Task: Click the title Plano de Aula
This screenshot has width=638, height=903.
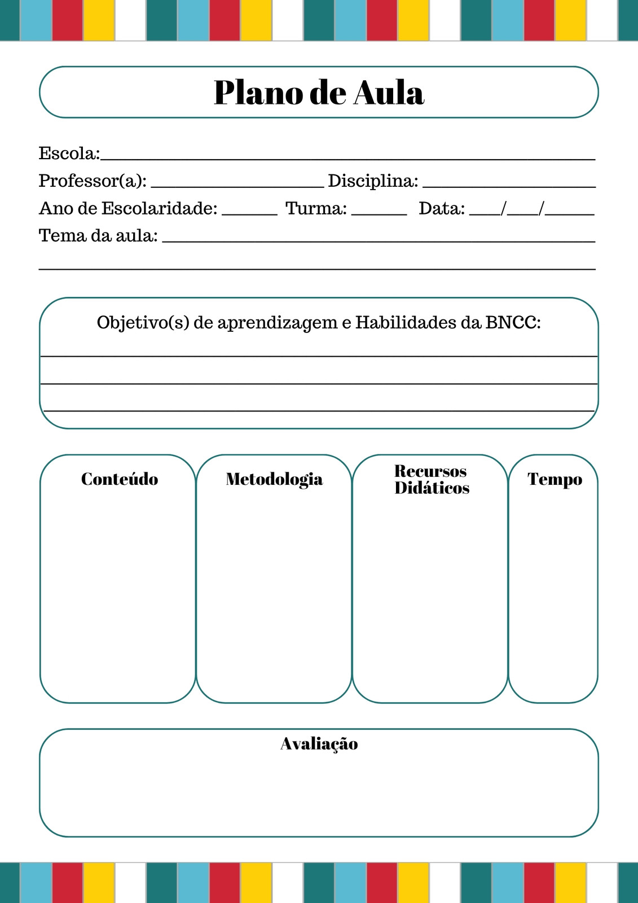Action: (319, 93)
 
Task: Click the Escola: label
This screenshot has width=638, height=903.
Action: (69, 154)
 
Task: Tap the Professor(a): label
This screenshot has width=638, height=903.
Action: (93, 181)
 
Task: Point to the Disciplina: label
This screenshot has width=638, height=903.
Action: (373, 181)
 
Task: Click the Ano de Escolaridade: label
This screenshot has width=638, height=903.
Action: (128, 209)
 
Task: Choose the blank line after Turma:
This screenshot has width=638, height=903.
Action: (379, 212)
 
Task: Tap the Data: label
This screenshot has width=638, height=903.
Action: (442, 209)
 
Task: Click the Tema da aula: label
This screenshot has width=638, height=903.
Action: (98, 236)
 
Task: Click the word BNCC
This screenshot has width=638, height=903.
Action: (513, 323)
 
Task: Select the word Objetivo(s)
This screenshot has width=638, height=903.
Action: (143, 323)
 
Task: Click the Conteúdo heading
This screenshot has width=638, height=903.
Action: (120, 479)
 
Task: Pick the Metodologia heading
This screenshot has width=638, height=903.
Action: (274, 479)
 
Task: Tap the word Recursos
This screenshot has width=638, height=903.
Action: (430, 471)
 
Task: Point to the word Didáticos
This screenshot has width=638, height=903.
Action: (432, 488)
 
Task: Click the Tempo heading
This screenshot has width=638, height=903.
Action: (555, 479)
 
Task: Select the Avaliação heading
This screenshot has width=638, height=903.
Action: (319, 744)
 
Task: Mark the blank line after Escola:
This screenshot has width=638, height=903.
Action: (347, 158)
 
